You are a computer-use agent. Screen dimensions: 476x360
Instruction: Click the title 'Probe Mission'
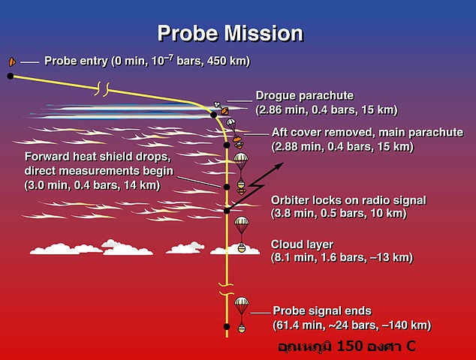click(x=230, y=33)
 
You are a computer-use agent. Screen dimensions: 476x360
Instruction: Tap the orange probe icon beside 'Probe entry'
click(x=12, y=61)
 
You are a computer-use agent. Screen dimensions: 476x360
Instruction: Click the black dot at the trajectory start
click(x=11, y=76)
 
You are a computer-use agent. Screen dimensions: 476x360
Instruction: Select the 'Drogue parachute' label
click(x=305, y=95)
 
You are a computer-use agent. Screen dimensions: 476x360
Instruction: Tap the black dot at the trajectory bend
click(x=214, y=115)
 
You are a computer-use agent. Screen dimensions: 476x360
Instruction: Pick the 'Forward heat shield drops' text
click(x=98, y=157)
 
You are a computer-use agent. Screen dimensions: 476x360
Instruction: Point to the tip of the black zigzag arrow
click(x=284, y=163)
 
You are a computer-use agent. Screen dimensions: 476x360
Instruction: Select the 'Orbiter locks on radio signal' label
click(x=348, y=200)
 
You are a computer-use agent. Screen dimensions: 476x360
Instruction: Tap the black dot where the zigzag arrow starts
click(x=227, y=211)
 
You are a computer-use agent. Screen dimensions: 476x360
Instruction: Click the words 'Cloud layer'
click(x=302, y=244)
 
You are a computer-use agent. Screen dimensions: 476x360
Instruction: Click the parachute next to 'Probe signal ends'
click(x=242, y=306)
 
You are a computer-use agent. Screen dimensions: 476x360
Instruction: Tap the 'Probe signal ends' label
click(x=322, y=310)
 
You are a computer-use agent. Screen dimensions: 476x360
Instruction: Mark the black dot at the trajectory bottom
click(x=227, y=327)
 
